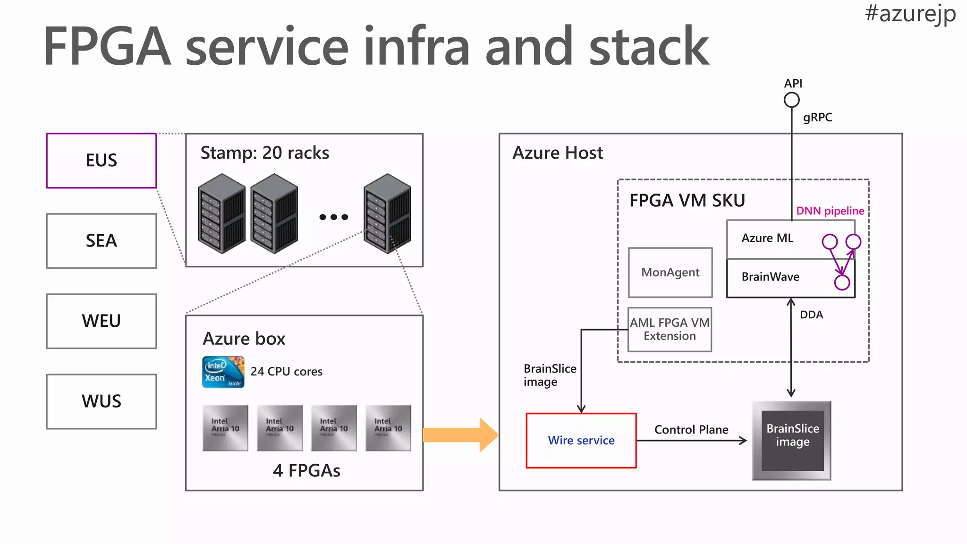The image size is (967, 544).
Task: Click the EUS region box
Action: coord(101,161)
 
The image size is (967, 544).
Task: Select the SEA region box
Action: coord(101,241)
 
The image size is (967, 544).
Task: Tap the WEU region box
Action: coord(101,321)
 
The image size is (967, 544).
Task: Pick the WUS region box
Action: coord(101,401)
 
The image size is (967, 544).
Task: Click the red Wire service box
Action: coord(581,440)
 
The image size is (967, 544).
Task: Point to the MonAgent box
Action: coord(670,272)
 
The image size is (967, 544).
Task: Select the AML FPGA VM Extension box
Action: coord(670,329)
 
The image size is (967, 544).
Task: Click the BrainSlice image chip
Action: coord(792,440)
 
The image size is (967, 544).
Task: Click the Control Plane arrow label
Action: coord(691,430)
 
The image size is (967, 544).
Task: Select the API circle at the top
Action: coord(792,100)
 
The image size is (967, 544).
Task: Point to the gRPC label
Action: coord(817,117)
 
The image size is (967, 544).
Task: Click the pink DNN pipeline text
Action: coord(830,211)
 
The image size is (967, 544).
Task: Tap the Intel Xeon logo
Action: coord(223,372)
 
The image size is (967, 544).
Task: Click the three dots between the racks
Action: coord(333,217)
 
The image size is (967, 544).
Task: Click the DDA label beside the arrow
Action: coord(811,314)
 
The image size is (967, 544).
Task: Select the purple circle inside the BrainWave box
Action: coord(842,282)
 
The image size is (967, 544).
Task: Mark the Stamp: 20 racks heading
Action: coord(264,153)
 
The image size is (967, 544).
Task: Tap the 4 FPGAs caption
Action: coord(306,470)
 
